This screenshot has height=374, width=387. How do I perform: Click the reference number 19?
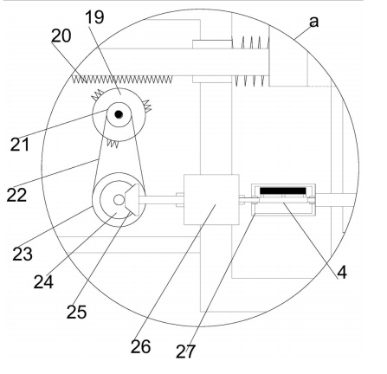(x=94, y=17)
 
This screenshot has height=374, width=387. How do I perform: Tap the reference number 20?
(x=61, y=36)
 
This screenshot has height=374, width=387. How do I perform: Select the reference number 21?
(x=20, y=145)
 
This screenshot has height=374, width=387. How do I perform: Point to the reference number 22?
(x=16, y=195)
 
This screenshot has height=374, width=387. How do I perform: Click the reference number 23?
(x=23, y=254)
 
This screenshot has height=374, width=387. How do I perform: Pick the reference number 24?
(x=43, y=281)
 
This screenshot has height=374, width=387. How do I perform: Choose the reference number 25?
(x=76, y=312)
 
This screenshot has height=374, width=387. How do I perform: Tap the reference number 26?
(x=140, y=346)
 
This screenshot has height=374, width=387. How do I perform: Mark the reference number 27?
(x=185, y=351)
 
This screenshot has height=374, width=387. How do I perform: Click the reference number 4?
(x=342, y=272)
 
